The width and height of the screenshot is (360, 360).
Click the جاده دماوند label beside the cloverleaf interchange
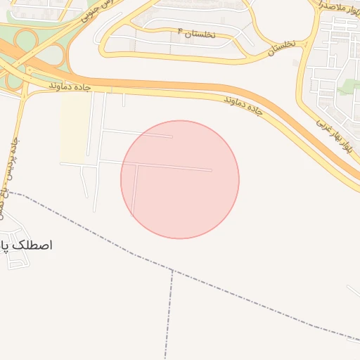click(x=71, y=86)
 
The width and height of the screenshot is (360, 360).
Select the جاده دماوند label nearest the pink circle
click(x=243, y=105)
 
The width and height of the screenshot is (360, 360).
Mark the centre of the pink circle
click(x=180, y=179)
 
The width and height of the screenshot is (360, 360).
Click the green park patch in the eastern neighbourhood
click(x=349, y=87)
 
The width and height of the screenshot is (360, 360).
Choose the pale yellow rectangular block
click(x=73, y=127)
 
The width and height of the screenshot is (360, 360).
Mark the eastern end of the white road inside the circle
click(x=211, y=169)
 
